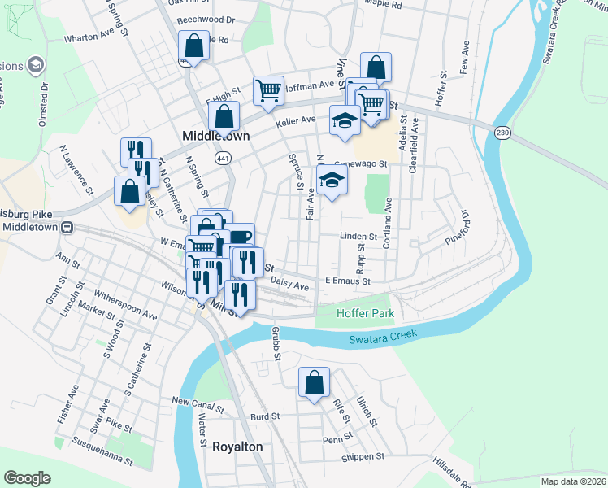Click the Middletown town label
[215, 136]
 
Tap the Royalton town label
[237, 447]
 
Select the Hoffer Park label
[359, 313]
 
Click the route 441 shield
[224, 158]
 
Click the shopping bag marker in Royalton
[314, 383]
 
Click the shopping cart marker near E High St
[268, 90]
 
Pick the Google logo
[26, 478]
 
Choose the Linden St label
[358, 237]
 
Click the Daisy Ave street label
[290, 285]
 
